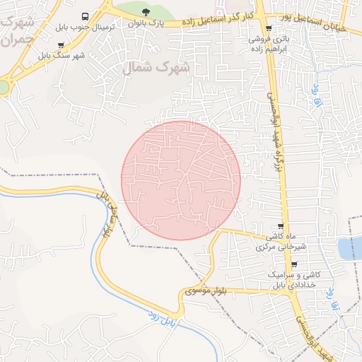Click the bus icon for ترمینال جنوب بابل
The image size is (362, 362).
point(86,16)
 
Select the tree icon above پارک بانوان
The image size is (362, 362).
point(146,12)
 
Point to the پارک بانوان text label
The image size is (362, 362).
point(146,24)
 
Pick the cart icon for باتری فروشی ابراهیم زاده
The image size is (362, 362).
point(269,28)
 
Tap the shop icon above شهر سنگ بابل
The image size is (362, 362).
point(61,45)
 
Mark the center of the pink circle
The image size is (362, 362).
point(181,180)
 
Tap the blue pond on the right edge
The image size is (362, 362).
point(351,248)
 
